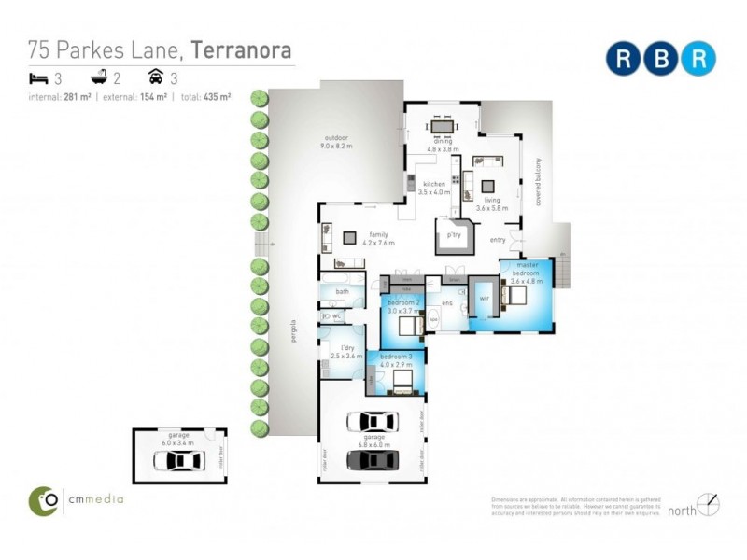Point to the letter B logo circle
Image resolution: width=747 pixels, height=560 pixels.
[x=660, y=58]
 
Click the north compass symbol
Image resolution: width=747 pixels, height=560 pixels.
[x=708, y=505]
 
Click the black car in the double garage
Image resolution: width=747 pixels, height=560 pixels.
[x=373, y=459]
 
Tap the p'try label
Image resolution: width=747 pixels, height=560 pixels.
[x=455, y=235]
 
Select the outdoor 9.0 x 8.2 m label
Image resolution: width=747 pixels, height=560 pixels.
[x=335, y=142]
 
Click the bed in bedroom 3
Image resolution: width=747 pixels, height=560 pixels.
[x=401, y=381]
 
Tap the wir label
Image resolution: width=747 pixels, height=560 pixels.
[x=485, y=299]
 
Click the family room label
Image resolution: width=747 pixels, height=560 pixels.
[x=379, y=240]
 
